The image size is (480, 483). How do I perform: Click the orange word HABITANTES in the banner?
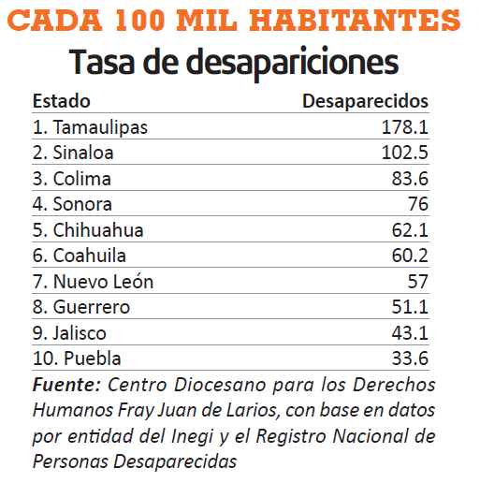(355, 21)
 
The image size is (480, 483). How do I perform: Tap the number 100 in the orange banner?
(139, 21)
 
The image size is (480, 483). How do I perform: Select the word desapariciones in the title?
(293, 63)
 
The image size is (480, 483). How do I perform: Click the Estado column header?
(62, 101)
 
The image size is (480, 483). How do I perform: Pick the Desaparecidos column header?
(366, 101)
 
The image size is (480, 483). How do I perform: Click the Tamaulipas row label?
(90, 127)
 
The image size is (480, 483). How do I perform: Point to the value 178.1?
(405, 127)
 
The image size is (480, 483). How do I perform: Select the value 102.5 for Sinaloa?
(405, 153)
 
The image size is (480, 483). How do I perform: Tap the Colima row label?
(72, 179)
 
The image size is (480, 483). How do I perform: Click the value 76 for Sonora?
(418, 204)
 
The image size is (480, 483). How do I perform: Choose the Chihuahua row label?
(88, 230)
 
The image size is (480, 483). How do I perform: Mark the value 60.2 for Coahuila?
(410, 256)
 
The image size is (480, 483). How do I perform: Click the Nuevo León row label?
(93, 282)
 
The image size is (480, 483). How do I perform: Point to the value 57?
(418, 282)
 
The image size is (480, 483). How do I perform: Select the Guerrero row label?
(81, 307)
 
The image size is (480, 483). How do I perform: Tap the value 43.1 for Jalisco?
(410, 333)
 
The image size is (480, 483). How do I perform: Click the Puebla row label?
(77, 359)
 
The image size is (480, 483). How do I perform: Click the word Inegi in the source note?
(192, 436)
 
